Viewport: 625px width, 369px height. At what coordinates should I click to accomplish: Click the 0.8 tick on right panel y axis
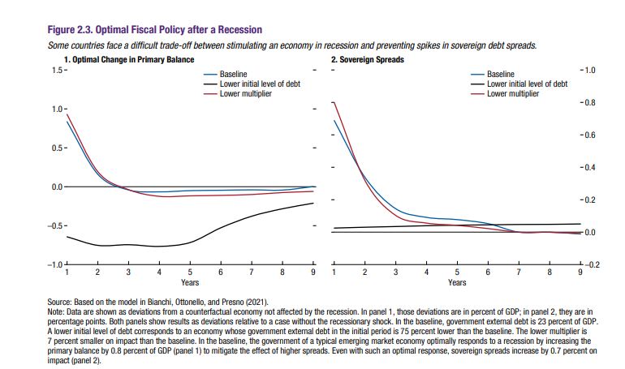coord(589,103)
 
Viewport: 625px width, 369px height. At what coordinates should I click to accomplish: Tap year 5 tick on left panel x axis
coord(190,273)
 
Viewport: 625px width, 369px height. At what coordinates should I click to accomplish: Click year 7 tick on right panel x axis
coord(518,273)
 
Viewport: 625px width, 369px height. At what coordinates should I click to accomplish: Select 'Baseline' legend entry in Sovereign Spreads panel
coord(500,75)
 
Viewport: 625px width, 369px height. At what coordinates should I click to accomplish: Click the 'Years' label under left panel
coord(190,283)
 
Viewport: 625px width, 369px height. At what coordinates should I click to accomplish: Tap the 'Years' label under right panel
coord(456,283)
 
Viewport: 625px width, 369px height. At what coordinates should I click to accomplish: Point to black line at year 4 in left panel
coord(159,246)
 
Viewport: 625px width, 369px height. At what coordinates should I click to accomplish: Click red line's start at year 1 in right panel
coord(334,102)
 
